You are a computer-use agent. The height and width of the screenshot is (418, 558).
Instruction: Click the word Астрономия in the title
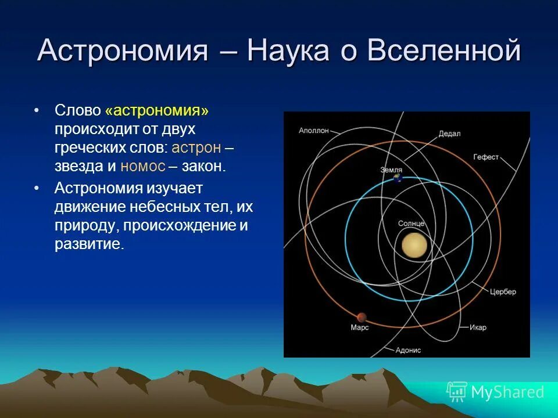(123, 52)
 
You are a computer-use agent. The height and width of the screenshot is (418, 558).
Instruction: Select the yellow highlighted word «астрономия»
(157, 110)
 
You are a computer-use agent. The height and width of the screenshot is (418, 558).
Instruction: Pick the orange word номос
(142, 166)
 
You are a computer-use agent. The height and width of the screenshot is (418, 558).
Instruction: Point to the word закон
(202, 166)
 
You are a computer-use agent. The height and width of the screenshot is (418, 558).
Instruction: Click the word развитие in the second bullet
(89, 243)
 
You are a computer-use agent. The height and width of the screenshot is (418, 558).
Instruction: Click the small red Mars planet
(362, 317)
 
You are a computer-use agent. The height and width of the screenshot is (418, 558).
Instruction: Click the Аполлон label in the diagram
(314, 130)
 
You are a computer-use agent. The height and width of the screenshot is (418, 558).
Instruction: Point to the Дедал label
(449, 133)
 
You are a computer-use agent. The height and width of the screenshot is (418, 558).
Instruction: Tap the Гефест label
(486, 157)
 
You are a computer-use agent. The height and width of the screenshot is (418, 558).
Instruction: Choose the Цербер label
(502, 291)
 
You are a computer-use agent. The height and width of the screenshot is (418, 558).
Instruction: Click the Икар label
(478, 327)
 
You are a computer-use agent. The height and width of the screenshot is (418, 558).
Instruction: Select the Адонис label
(407, 350)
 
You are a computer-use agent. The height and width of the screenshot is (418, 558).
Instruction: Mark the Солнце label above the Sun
(411, 224)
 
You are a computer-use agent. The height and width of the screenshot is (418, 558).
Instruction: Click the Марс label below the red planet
(360, 328)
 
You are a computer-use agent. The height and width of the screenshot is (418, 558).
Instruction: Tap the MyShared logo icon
(456, 392)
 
